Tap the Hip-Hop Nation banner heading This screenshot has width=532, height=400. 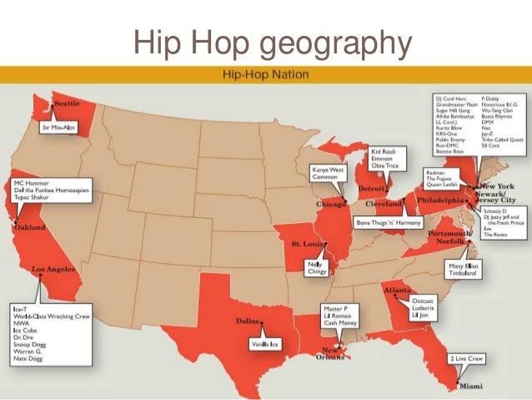265,74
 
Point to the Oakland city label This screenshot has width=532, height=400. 30,227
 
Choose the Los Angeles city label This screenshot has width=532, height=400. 54,270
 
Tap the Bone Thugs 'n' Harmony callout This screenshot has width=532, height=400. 389,223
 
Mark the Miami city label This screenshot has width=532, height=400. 471,386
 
